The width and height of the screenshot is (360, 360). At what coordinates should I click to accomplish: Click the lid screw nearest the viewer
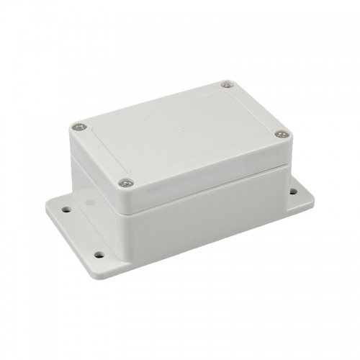[x=126, y=183]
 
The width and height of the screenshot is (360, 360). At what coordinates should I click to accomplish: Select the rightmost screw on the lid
[x=282, y=134]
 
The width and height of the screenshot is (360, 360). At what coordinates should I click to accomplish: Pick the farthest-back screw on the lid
[x=227, y=85]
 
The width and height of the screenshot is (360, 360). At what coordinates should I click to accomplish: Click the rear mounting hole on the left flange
[x=66, y=210]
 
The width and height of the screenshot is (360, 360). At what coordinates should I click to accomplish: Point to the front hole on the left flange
[x=99, y=254]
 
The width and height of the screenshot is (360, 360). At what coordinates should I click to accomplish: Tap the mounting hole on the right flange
[x=293, y=192]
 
